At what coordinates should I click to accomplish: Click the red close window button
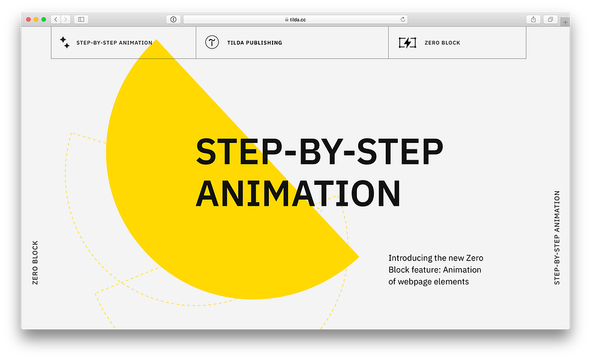coord(28,20)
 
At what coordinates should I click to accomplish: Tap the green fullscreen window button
coord(43,20)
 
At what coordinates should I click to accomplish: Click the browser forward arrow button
coord(65,20)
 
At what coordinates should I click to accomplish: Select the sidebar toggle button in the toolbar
coord(82,20)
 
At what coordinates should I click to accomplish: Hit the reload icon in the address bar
coord(403,20)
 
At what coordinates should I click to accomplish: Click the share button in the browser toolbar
coord(533,20)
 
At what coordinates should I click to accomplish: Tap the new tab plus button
coord(565,22)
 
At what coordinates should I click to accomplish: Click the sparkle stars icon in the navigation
coord(64,43)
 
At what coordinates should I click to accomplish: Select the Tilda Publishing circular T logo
coord(212,43)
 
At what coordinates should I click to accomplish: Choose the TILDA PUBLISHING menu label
coord(254,43)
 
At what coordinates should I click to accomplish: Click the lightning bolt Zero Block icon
coord(407,43)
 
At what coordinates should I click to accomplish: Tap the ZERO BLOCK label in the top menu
coord(442,43)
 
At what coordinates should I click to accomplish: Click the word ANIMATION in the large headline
coord(298,193)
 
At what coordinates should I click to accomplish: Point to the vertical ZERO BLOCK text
coord(35,262)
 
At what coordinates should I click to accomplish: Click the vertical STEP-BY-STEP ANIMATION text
coord(557,238)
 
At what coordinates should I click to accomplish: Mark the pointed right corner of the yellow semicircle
coord(358,257)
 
